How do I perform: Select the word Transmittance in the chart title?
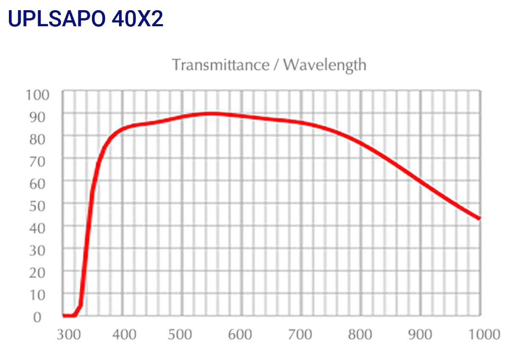click(220, 65)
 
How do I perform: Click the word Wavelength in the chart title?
click(324, 65)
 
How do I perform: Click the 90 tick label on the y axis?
click(41, 117)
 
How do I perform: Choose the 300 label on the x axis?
click(69, 335)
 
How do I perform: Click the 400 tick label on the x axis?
click(124, 335)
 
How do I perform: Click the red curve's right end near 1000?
click(479, 218)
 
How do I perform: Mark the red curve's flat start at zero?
click(68, 315)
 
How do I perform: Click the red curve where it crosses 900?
click(421, 181)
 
